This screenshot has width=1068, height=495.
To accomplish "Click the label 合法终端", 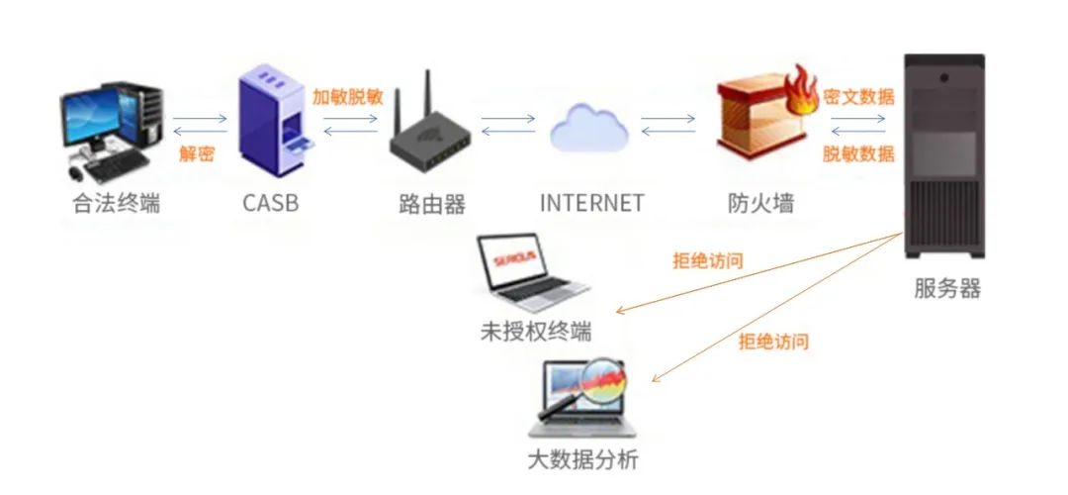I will point(117,204).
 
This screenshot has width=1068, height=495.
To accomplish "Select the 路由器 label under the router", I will point(432,204).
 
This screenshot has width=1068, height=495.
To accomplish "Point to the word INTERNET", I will point(591,203).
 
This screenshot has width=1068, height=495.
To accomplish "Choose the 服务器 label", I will point(947,288).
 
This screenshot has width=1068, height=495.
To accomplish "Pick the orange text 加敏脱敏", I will point(347,97).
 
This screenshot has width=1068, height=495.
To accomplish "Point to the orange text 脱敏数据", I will point(859,153).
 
